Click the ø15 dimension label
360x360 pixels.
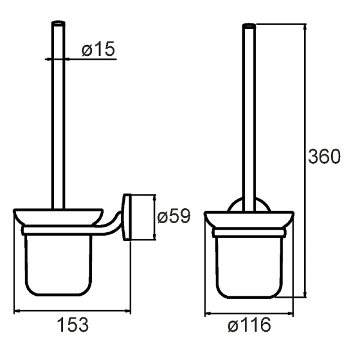[98, 49]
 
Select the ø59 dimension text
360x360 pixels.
[174, 216]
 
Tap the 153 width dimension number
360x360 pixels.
[73, 325]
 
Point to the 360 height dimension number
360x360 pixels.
[324, 157]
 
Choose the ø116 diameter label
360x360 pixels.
[249, 325]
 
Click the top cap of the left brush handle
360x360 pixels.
[58, 23]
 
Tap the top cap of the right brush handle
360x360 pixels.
[249, 25]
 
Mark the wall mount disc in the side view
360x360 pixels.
[127, 217]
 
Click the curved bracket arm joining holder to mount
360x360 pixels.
[110, 224]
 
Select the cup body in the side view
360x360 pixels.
[59, 265]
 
